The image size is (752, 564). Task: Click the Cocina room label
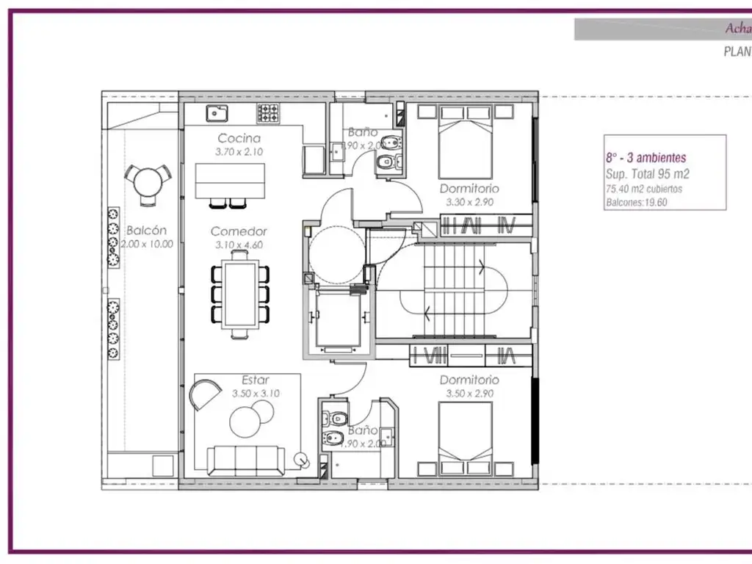tap(239, 138)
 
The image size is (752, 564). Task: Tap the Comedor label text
tap(239, 231)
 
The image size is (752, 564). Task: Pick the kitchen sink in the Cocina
tap(217, 113)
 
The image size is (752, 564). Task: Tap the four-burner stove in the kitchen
tap(268, 113)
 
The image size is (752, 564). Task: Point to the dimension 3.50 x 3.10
tap(256, 394)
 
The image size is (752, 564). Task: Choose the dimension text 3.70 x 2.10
tap(239, 152)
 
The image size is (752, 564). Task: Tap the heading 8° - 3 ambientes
tap(646, 158)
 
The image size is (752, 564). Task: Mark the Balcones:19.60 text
tap(636, 203)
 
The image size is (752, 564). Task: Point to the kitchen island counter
tap(231, 180)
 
